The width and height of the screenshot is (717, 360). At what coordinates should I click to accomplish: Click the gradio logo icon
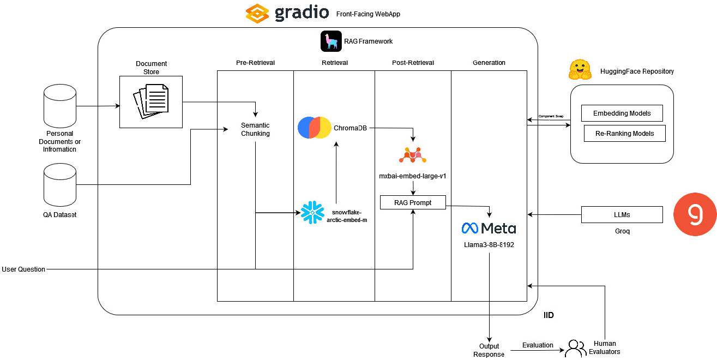[258, 13]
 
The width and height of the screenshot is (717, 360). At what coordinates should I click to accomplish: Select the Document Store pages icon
[151, 101]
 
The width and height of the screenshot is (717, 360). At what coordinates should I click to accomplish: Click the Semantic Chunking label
[255, 129]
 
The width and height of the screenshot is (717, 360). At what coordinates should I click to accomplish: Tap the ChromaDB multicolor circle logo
[315, 128]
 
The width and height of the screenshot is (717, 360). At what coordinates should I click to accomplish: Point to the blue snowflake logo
[312, 212]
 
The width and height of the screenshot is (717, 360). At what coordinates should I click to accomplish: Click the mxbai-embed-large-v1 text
[413, 176]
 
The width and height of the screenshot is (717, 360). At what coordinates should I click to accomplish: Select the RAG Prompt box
[413, 202]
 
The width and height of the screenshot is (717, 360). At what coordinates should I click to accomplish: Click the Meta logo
[489, 228]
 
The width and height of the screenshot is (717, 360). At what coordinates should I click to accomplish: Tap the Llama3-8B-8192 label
[489, 245]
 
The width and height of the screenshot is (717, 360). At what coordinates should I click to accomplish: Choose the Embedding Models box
[621, 113]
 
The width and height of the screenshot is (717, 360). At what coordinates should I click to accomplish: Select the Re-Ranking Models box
[624, 133]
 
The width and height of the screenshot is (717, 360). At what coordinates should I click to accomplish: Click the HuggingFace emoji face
[580, 70]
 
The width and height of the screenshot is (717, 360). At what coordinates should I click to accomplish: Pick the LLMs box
[622, 214]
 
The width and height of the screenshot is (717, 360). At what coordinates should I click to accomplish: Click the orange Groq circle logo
[695, 214]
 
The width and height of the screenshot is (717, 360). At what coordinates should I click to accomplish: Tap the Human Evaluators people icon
[575, 349]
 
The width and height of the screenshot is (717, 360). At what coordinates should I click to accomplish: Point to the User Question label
[23, 269]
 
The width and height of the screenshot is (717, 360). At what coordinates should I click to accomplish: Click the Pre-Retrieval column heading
[255, 63]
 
